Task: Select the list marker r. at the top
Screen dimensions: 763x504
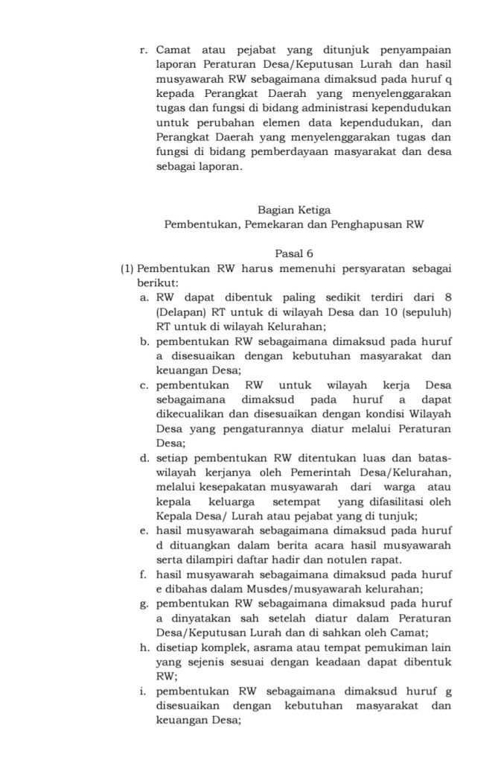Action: point(144,50)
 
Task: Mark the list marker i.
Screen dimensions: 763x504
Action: point(144,690)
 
